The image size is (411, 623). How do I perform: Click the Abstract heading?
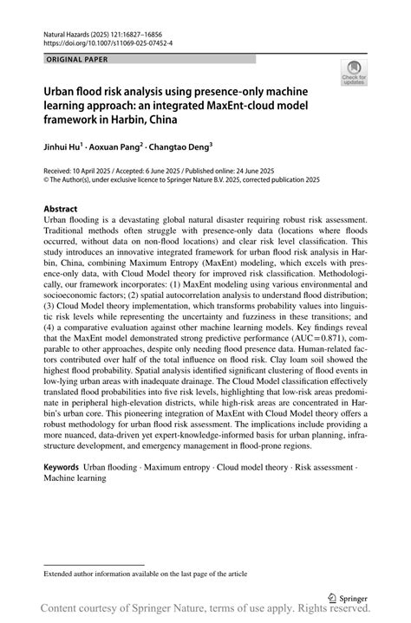click(x=61, y=209)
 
